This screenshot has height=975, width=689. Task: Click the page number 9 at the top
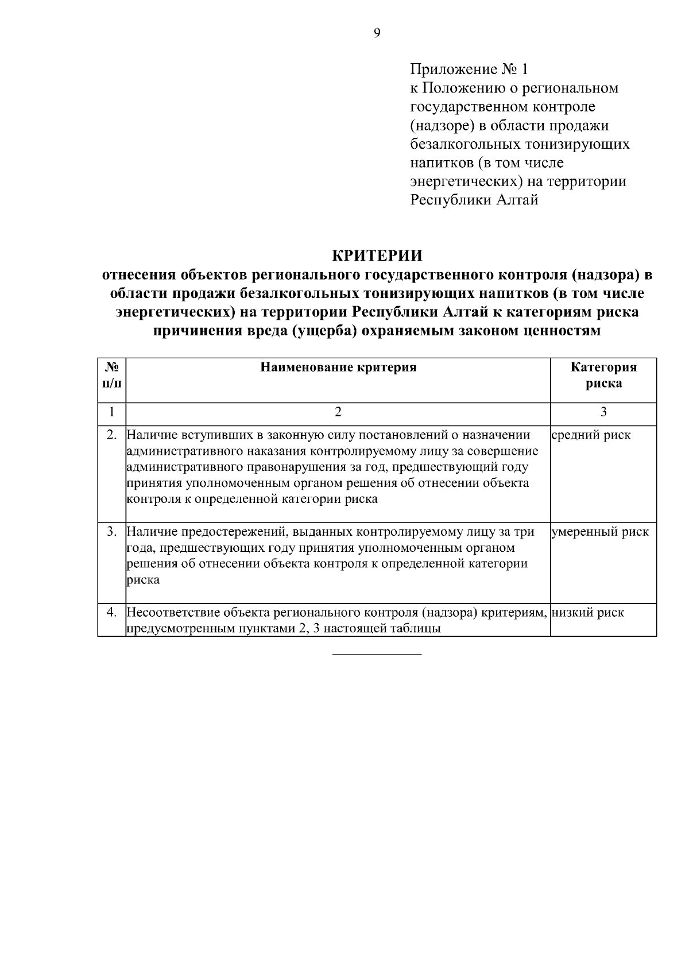coord(377,33)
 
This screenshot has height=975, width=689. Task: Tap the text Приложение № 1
coord(468,69)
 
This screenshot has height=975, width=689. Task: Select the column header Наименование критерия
coord(338,367)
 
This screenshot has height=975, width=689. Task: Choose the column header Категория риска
coord(603,376)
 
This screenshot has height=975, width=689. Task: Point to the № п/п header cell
coord(112,375)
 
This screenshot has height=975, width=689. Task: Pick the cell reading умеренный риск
coord(600,532)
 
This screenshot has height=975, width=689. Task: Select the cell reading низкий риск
coord(588,613)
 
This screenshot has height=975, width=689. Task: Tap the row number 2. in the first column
coord(113,435)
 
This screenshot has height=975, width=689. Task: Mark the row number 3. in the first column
coord(113,532)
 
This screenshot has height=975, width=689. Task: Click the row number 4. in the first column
coord(113,613)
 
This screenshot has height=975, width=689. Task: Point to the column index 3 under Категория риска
coord(603,412)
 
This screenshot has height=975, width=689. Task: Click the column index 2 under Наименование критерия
coord(338,412)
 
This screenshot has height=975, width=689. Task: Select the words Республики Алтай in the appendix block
coord(474,200)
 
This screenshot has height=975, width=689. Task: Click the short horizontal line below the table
coord(377,655)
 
